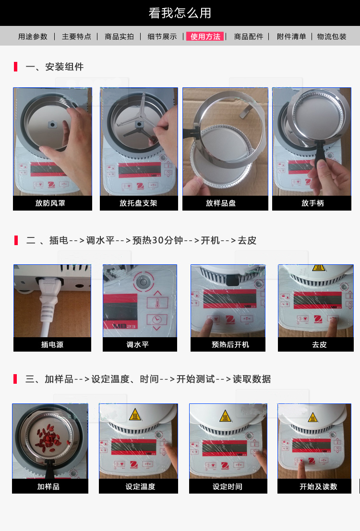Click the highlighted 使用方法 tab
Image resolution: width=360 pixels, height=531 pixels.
205,36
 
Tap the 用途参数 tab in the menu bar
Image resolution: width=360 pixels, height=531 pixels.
33,36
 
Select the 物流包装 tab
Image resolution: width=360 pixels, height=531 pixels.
332,36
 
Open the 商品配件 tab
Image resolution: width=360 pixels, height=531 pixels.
249,36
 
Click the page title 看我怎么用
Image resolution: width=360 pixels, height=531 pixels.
180,13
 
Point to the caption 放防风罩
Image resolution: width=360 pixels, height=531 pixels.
50,203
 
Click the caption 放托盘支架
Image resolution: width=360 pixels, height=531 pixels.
138,203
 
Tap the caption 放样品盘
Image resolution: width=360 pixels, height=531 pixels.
221,203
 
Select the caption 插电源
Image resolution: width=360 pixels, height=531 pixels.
52,345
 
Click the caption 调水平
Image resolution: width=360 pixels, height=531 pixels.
138,345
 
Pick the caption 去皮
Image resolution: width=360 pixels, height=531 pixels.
319,345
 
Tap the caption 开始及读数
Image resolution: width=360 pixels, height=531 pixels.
318,487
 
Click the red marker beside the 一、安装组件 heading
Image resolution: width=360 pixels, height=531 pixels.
15,67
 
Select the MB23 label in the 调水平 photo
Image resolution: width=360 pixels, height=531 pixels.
125,326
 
